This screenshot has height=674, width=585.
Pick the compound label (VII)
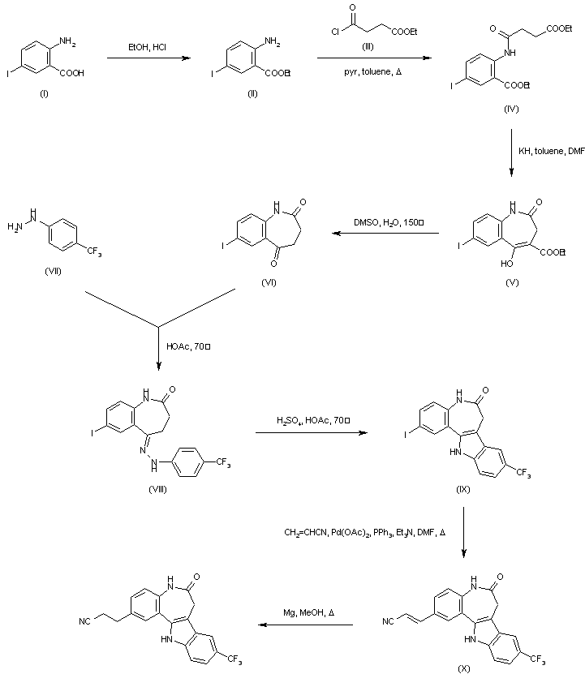coord(54,269)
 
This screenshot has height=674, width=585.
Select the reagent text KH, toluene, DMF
coord(551,152)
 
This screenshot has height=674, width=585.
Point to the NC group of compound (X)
coord(388,622)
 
